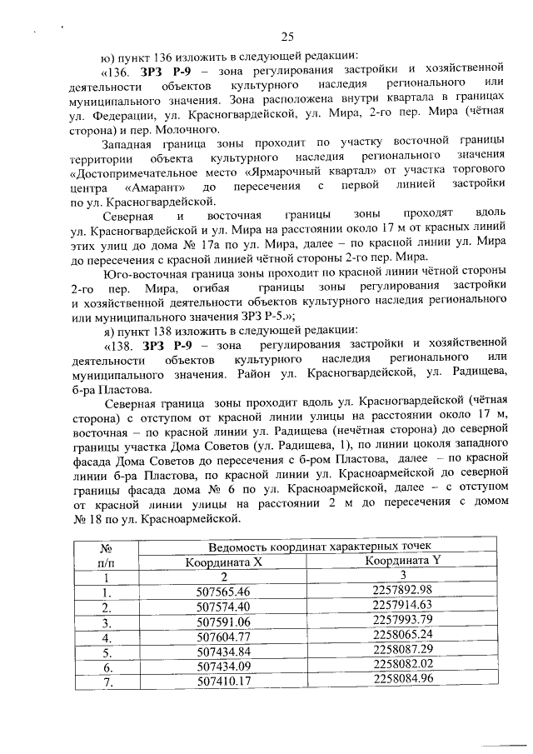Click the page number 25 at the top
click(x=288, y=36)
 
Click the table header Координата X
click(x=223, y=561)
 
